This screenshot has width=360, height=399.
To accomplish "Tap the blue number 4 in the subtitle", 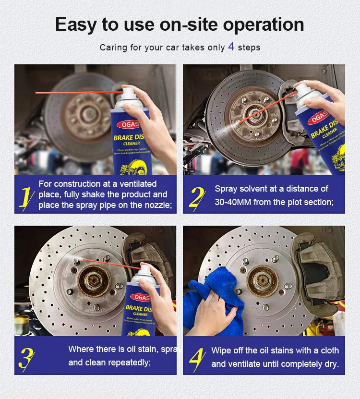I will pyautogui.click(x=231, y=47).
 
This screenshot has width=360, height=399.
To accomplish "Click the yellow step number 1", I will pyautogui.click(x=25, y=197).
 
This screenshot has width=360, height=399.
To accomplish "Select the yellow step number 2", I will pyautogui.click(x=197, y=197).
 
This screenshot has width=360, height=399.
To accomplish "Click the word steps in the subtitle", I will pyautogui.click(x=250, y=48).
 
